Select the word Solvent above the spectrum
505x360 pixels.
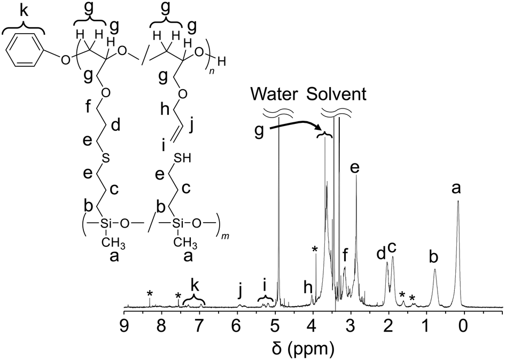point(336,95)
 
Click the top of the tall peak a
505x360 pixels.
point(458,201)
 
